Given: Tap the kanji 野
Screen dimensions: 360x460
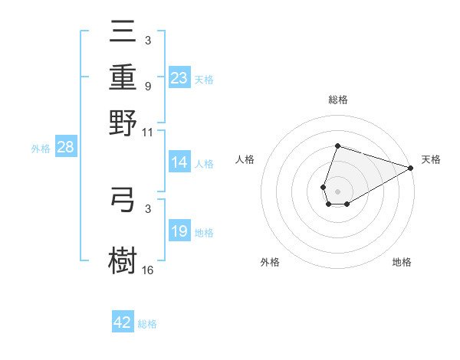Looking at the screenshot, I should point(123,123).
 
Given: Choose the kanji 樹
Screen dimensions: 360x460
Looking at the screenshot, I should point(123,258).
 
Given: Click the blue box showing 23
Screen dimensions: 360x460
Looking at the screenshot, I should point(179,78).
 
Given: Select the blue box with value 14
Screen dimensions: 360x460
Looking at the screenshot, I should point(179,162).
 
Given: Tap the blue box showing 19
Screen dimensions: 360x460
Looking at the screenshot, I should point(179,232).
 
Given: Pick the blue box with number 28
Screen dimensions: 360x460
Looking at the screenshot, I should point(65,148).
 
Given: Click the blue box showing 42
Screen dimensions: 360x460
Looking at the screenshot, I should point(123,322).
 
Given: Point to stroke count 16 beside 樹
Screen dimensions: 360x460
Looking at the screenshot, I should point(148,270).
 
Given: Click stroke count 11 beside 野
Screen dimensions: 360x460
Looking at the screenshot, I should point(148,132).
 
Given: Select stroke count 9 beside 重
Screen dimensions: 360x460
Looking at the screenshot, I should point(147,86).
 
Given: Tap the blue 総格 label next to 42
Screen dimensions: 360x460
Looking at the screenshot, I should point(147,324).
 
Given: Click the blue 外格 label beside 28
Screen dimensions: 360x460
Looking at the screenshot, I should point(41,149).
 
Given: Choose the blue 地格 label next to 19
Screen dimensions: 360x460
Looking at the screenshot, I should point(204,233).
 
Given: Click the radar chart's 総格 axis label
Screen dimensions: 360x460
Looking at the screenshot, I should point(337,100).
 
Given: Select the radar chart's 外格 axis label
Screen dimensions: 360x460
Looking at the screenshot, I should point(270,262).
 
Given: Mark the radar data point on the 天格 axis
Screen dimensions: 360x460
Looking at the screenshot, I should point(411,168).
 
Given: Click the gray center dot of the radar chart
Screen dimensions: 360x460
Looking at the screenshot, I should point(337,190).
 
